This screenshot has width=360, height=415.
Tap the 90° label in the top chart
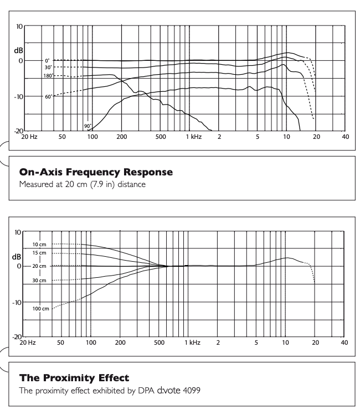coord(88,126)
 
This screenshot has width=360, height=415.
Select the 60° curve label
coord(49,97)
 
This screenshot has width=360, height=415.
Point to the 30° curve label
coord(48,67)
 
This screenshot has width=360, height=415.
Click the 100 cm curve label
coord(41,308)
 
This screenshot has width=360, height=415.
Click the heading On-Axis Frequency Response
coord(96,173)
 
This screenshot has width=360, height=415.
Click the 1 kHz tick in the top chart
coord(194,136)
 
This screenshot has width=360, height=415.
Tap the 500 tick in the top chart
coord(161,136)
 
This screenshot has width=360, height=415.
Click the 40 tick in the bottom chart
coord(345,342)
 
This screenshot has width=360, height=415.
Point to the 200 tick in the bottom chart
coord(120,342)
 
